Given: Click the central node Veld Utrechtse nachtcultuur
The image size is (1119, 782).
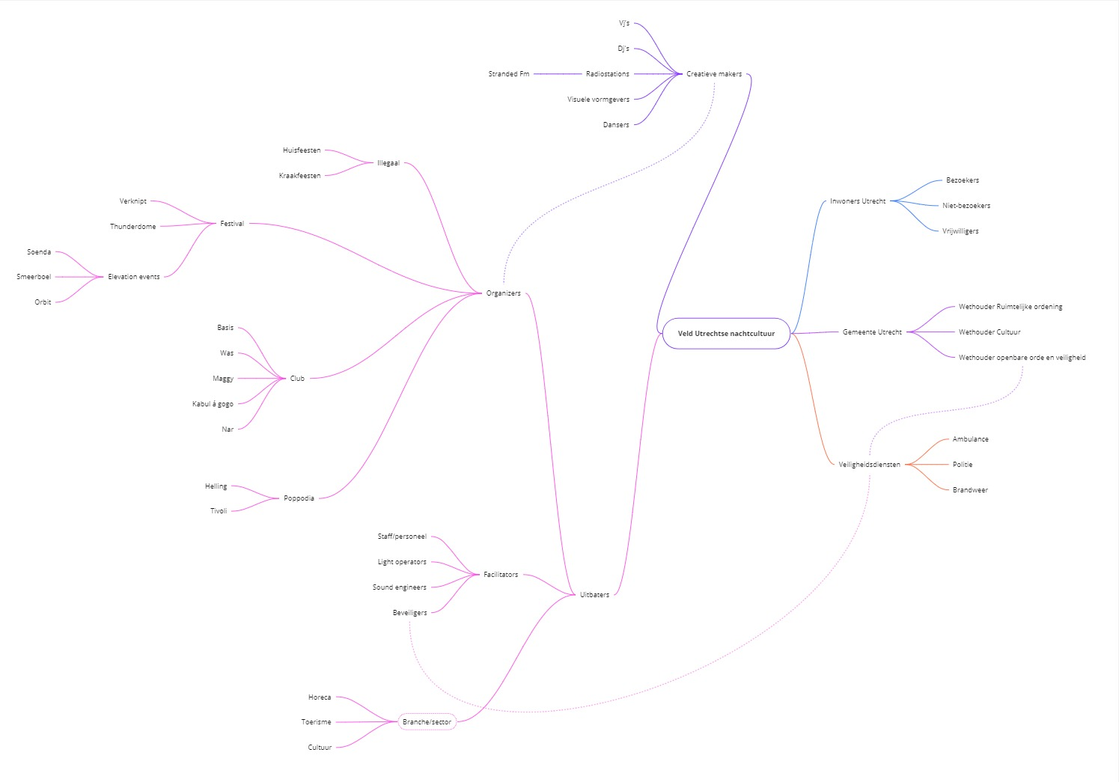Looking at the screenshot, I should [x=726, y=334].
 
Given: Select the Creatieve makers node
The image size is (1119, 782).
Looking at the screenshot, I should [x=714, y=74].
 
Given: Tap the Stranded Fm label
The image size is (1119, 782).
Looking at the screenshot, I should [x=508, y=74].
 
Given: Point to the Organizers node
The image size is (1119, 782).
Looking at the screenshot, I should [x=503, y=293].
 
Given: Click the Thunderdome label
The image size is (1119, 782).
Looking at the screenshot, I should [x=132, y=227].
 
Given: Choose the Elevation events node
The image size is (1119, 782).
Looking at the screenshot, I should [x=133, y=277].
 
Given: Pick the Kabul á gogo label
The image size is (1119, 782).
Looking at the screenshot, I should [x=213, y=404].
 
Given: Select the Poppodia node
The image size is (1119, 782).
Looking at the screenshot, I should [x=299, y=498].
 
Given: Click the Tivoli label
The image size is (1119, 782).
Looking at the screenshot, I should [x=218, y=511].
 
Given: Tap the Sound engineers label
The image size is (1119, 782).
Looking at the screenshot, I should [x=399, y=587].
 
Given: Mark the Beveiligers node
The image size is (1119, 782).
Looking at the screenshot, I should [x=409, y=613].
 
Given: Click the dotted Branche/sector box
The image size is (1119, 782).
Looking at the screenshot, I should [x=427, y=722].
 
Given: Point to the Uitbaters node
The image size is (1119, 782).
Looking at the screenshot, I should [x=594, y=595].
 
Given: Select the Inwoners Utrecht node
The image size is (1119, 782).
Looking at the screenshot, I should [x=857, y=201].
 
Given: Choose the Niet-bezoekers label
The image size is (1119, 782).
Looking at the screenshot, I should [x=966, y=206].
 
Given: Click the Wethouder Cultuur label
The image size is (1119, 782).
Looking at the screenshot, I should [x=989, y=332].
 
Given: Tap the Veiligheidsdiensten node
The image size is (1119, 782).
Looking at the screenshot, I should [x=869, y=465].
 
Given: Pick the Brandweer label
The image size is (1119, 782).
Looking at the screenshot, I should [x=969, y=490].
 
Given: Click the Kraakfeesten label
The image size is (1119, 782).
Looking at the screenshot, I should [x=299, y=176].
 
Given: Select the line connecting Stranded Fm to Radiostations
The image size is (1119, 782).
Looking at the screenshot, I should [x=557, y=74].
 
